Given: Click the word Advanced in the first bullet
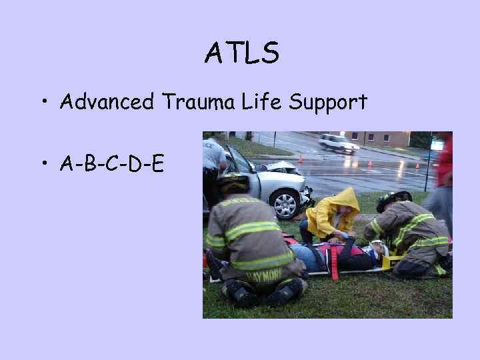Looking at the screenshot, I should pos(106,102).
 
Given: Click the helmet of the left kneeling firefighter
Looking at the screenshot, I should pos(234,182).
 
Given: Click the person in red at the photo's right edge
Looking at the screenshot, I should pos(444,160).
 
